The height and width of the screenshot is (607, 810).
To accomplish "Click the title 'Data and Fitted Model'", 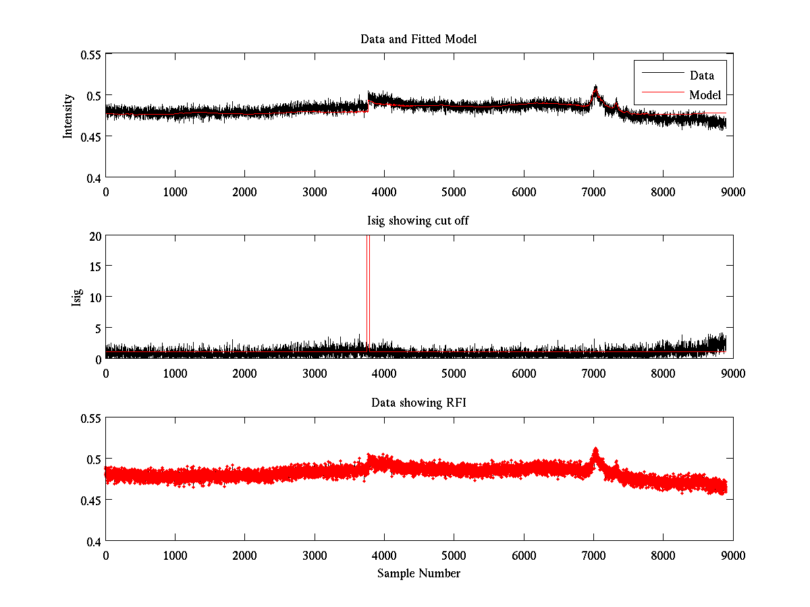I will [x=418, y=39].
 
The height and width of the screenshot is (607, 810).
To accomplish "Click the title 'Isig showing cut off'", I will [x=418, y=221].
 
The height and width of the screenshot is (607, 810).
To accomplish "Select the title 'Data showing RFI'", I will [x=418, y=403].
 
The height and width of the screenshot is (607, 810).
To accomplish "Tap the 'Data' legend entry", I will [x=701, y=75].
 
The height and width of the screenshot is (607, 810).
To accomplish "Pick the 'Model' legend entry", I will [x=705, y=95].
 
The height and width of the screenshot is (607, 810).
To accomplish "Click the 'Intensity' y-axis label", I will [x=67, y=116].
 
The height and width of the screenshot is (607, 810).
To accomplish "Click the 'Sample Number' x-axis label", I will [x=418, y=573].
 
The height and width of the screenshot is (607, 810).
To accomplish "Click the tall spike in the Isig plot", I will [x=368, y=283].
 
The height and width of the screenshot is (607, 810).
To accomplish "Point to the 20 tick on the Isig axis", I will [x=94, y=235].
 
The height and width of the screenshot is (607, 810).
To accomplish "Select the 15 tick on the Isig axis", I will [x=94, y=266].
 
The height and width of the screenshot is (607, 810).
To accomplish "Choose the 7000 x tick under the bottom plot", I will [x=593, y=555].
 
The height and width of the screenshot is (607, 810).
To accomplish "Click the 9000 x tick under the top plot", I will [x=732, y=192].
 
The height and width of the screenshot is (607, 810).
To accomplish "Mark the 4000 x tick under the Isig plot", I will [x=384, y=373].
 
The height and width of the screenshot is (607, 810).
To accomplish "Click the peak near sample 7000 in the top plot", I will [x=595, y=88].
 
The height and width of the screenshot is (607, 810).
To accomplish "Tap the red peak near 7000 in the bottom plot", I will [x=595, y=451].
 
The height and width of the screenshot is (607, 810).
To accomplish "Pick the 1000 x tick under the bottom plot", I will [x=175, y=555].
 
